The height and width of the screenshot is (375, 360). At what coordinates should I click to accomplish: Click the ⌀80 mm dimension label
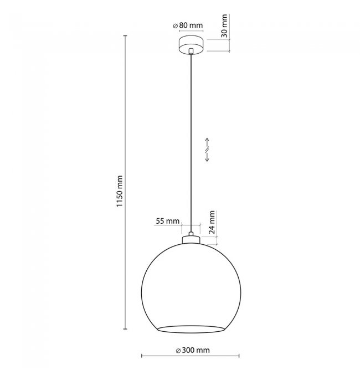coord(188,25)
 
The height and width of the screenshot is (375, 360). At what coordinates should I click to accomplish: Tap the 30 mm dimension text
coord(224,26)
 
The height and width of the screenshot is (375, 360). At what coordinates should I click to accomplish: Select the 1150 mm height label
coord(120,191)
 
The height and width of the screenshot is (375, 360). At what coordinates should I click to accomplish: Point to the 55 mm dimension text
coord(167,221)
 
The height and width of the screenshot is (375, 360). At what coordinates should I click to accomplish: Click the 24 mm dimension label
coord(212,223)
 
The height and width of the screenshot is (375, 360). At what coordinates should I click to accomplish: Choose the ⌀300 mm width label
coord(193,351)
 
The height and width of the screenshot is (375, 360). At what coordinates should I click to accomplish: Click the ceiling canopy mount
coord(191,45)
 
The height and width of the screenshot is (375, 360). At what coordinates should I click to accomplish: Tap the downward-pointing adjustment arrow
coord(207,157)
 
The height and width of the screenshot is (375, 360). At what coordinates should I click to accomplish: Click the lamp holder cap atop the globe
coord(191,240)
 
